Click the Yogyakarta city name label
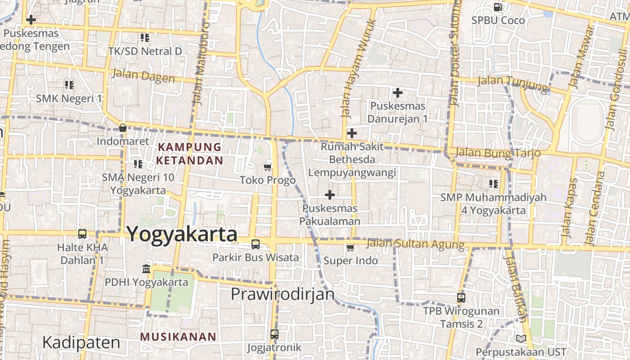(x=182, y=234)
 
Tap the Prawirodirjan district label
(x=283, y=294)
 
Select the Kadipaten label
(x=81, y=343)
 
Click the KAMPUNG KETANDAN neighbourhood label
(x=189, y=153)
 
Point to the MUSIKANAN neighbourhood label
(x=178, y=337)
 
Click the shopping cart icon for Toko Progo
(x=268, y=167)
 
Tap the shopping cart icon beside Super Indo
(x=351, y=247)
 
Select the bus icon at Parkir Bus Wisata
(x=256, y=244)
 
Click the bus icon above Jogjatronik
(x=274, y=334)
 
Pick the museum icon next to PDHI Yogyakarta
(x=146, y=269)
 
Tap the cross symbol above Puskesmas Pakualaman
(x=330, y=195)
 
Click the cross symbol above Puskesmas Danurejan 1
(x=397, y=93)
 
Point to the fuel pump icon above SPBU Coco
(x=498, y=7)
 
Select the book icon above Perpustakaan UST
(x=521, y=338)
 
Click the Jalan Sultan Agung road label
(x=415, y=244)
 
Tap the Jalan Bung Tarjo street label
(x=497, y=153)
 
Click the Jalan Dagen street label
(x=144, y=76)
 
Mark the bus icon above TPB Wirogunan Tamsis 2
(x=461, y=297)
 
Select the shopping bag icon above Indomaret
(x=122, y=128)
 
